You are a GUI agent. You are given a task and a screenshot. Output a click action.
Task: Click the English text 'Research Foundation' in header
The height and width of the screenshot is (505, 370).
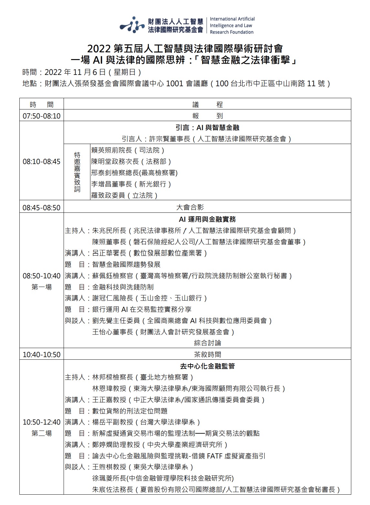point(231,32)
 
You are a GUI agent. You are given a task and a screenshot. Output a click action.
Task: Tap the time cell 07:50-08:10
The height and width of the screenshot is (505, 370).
point(41,116)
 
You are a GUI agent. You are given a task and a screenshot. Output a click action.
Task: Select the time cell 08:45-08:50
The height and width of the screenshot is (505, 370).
point(41,207)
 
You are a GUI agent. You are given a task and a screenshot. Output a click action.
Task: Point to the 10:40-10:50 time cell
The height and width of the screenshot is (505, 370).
point(41,355)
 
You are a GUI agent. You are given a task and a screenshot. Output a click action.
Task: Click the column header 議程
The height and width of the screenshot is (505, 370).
point(207,105)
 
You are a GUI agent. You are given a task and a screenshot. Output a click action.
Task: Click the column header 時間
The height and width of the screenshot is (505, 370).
point(41,105)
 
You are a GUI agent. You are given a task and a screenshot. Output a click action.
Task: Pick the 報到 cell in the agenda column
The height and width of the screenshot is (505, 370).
point(207,116)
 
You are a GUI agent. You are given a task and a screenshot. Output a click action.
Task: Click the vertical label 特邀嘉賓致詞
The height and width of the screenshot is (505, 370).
point(77,172)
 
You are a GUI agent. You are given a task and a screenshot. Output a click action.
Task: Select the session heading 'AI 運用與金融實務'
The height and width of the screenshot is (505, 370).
point(207,219)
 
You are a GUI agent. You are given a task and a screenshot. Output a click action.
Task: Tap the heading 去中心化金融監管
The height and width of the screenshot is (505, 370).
point(207,366)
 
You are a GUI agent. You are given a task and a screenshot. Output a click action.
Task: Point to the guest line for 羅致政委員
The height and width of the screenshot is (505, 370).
point(124,195)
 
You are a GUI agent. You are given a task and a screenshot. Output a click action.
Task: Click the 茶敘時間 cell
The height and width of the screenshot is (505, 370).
point(207,355)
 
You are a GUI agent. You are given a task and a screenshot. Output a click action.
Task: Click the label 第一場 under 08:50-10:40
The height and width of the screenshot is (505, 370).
point(41,287)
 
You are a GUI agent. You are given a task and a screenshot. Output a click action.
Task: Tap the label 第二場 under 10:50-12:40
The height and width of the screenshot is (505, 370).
point(41,433)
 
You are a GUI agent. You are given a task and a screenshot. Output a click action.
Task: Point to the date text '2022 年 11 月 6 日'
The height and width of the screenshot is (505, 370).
point(75,72)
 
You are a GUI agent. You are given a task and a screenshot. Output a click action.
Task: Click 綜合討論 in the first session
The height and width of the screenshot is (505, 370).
point(207,343)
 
